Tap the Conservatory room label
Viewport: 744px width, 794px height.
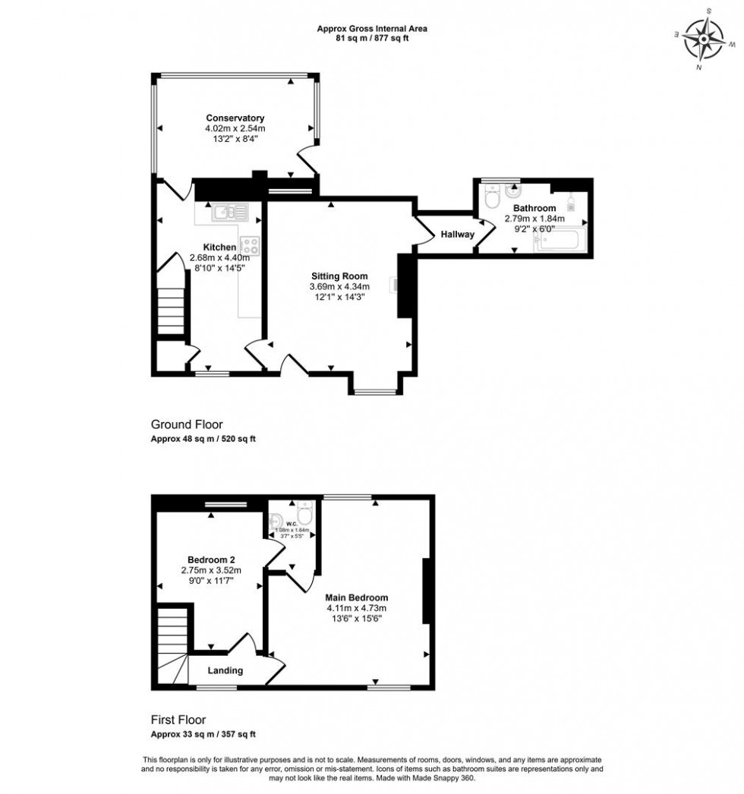tap(235, 118)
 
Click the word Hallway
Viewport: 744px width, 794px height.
tap(458, 235)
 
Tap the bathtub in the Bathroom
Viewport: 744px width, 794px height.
tap(560, 241)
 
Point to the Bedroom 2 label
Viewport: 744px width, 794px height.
tap(210, 560)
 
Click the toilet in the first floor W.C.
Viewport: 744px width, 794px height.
tap(304, 515)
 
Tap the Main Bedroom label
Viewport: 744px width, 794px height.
tap(357, 597)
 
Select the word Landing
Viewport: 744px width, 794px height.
tap(225, 670)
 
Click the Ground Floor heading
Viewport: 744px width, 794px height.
tap(187, 425)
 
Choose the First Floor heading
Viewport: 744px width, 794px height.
tap(178, 720)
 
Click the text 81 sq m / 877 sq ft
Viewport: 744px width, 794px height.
tap(371, 38)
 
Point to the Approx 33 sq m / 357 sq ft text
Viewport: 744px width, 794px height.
tap(203, 735)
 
